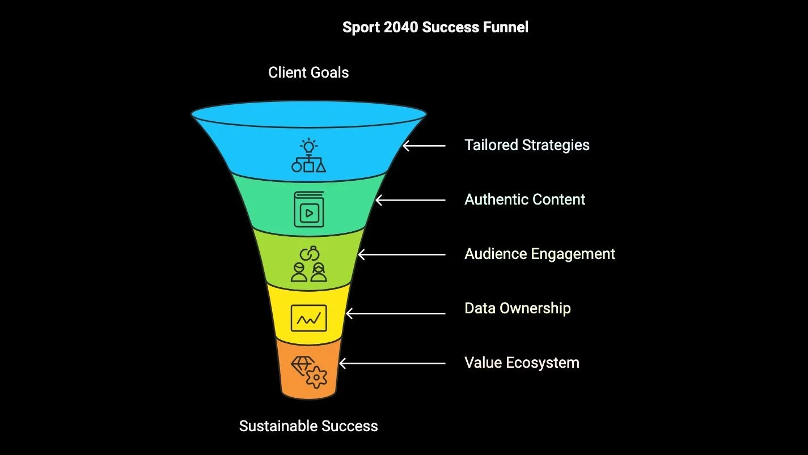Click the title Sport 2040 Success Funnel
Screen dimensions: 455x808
(435, 27)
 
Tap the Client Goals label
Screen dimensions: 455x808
(308, 73)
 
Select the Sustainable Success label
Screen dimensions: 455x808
(308, 426)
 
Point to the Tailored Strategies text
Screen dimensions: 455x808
(527, 145)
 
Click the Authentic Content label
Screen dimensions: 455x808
(524, 199)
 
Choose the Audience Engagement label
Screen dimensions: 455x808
(539, 254)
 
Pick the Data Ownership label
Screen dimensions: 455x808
(517, 308)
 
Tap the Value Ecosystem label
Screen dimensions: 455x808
(522, 363)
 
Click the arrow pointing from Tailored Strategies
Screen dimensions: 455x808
(424, 146)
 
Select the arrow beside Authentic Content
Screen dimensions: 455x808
(411, 200)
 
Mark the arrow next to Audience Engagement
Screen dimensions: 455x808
(402, 254)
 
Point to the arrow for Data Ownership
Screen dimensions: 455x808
(396, 313)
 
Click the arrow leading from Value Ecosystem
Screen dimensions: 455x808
(392, 363)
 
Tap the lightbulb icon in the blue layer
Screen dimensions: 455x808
(308, 146)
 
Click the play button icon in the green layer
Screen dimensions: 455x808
(308, 213)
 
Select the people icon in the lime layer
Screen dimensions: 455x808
(308, 271)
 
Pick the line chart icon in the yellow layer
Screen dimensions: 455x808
(308, 318)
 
